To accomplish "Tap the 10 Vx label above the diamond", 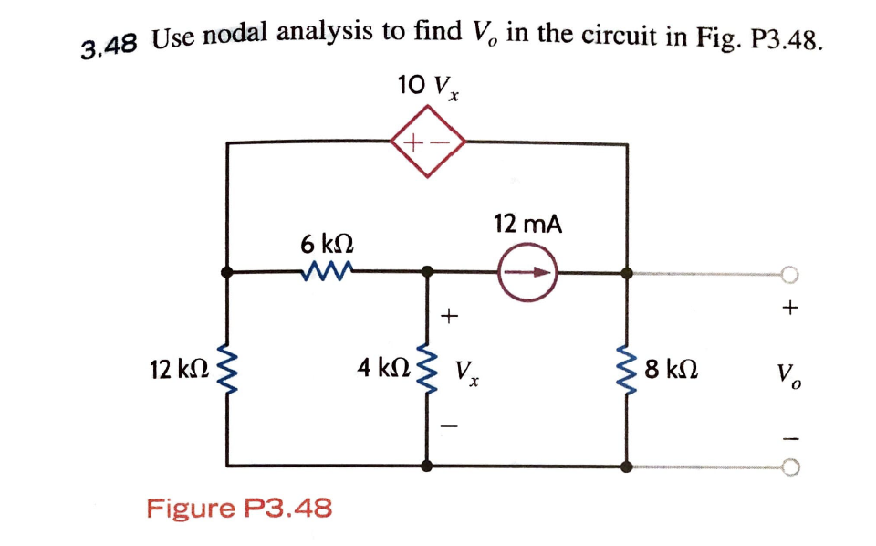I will click(x=428, y=88).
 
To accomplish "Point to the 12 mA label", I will click(x=527, y=224).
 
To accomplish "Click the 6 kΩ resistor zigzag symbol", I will click(x=326, y=271).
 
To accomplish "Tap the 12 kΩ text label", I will click(x=179, y=370).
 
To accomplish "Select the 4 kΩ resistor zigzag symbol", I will click(x=427, y=371).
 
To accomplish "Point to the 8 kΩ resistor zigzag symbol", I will click(x=627, y=371).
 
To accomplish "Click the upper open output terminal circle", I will click(x=790, y=273).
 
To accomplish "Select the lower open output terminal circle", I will click(x=790, y=467).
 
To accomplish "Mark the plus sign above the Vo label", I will click(x=789, y=310).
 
